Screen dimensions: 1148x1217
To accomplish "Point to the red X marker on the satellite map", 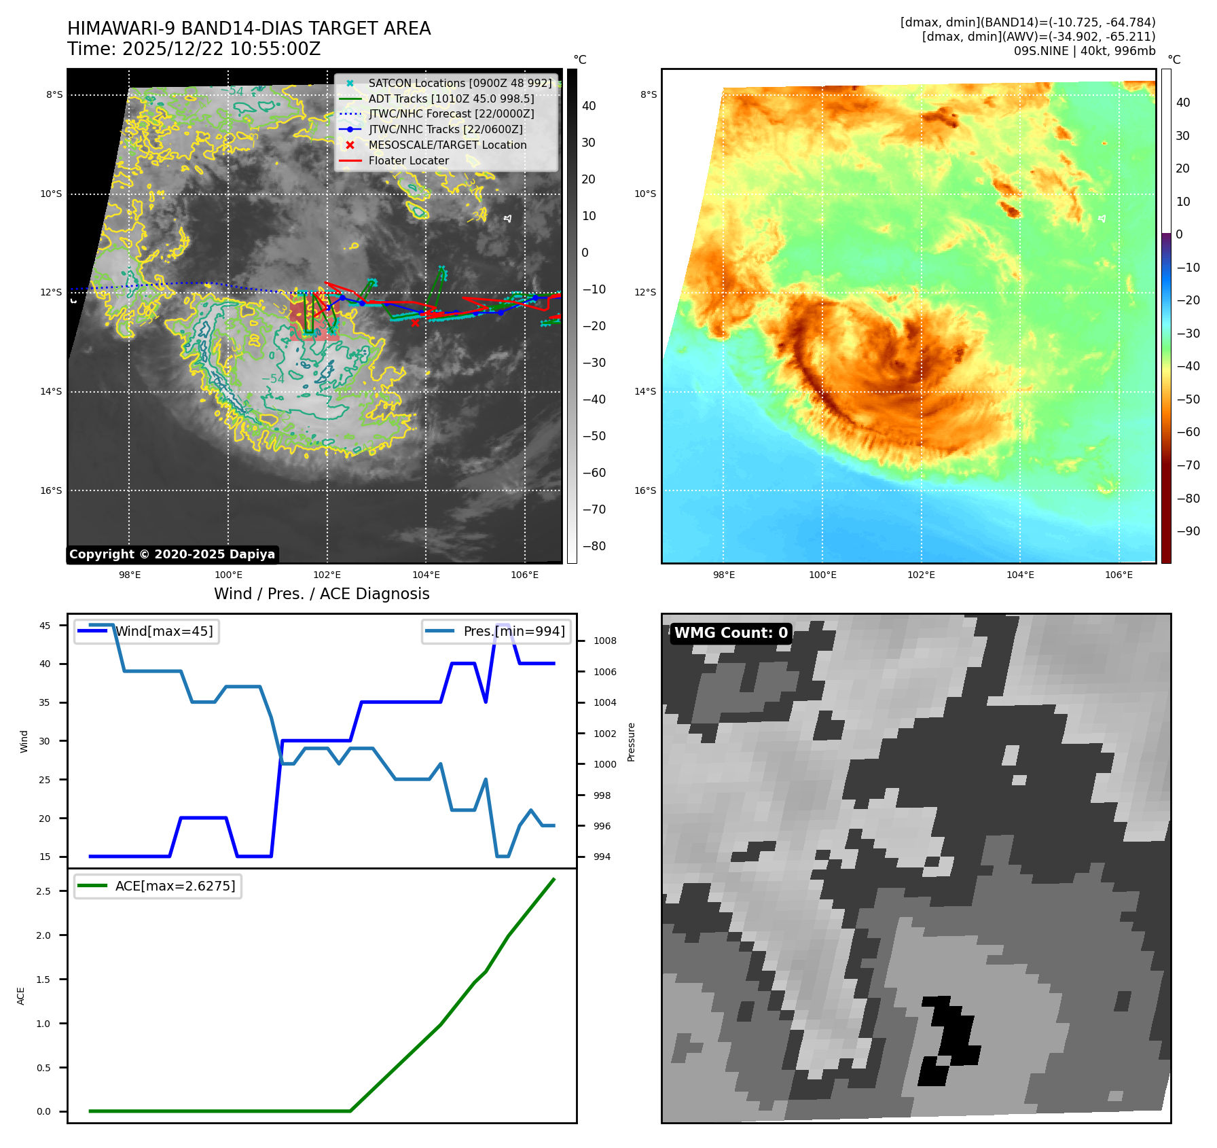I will pos(415,323).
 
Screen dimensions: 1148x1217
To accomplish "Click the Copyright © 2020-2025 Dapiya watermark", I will pos(172,554).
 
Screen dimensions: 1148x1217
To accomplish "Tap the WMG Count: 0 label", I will pos(731,633).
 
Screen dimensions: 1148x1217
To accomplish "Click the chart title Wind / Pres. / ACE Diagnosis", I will pos(322,594).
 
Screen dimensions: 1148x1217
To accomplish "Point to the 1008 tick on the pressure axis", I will pos(604,641).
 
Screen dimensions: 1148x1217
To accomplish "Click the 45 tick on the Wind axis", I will pos(45,626).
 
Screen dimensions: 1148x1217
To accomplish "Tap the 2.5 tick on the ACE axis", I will pos(43,891).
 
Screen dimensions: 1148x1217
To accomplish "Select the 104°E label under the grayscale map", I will pos(426,575).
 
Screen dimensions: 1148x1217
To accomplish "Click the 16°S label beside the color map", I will pos(645,490).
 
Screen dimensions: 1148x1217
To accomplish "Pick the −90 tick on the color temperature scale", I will pos(1188,531).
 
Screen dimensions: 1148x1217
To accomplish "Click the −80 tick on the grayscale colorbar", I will pos(594,546).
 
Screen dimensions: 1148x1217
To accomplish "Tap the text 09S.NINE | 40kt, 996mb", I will pos(1084,51).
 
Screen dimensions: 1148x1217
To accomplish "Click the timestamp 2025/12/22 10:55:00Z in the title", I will pos(221,50).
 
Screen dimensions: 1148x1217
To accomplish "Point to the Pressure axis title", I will pos(631,742).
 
